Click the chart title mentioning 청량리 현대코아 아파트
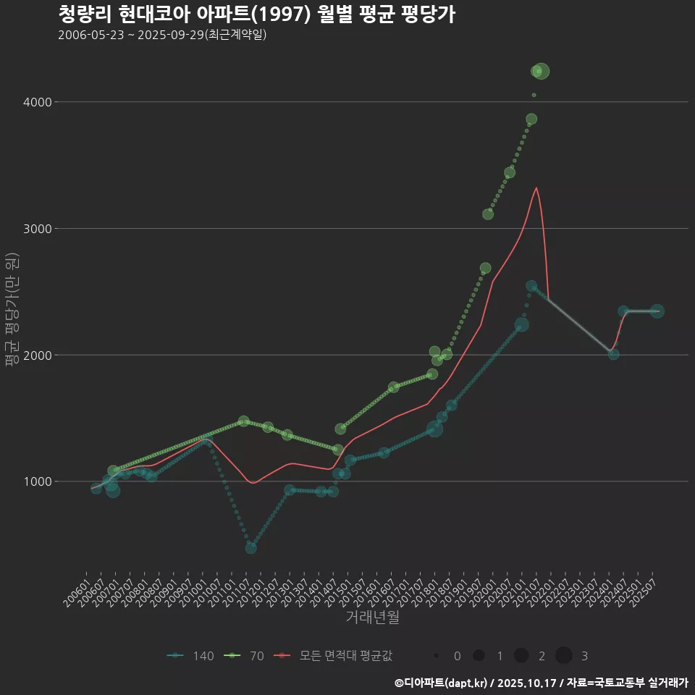tap(256, 14)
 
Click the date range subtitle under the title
tap(162, 35)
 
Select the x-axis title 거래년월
tap(372, 618)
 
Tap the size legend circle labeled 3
tap(564, 656)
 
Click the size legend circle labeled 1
tap(479, 656)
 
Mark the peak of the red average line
tap(536, 188)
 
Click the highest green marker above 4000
tap(541, 71)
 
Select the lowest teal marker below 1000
tap(250, 547)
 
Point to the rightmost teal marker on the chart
tap(657, 311)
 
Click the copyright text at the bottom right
tap(541, 682)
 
